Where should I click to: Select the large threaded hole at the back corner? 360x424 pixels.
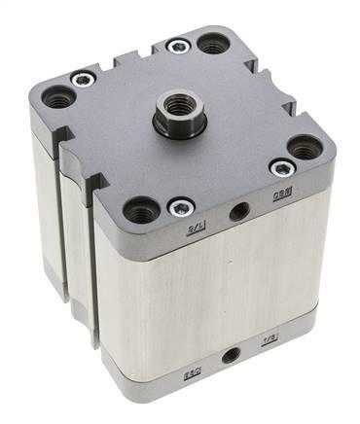click(x=212, y=43)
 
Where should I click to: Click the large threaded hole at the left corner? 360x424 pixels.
click(x=58, y=98)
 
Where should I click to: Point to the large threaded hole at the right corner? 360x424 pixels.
click(x=306, y=148)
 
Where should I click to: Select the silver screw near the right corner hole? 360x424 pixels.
click(x=281, y=168)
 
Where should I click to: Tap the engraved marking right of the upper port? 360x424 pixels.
click(x=276, y=200)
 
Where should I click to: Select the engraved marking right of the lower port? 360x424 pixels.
click(x=269, y=340)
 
